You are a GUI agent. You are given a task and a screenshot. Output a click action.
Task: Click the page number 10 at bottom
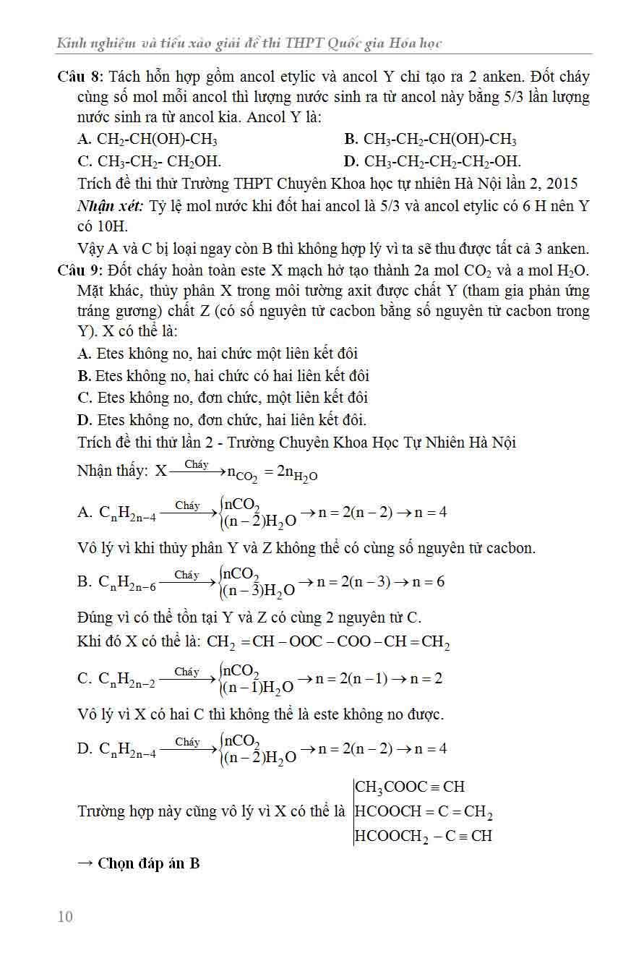tap(65, 917)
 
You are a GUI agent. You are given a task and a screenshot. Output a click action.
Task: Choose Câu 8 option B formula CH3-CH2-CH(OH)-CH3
tap(439, 140)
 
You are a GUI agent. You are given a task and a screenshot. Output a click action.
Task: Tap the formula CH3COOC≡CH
tap(410, 787)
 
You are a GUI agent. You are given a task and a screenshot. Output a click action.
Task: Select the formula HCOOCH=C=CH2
tap(424, 812)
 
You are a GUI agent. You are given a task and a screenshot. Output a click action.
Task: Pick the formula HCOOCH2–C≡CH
tap(424, 836)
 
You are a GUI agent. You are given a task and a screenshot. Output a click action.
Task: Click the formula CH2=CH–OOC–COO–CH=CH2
tap(328, 642)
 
